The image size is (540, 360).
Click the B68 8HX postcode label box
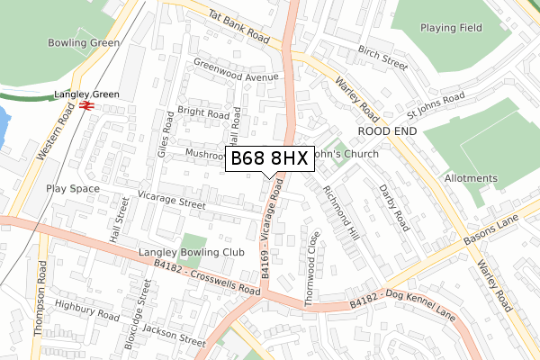tap(269, 159)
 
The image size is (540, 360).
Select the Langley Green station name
tap(86, 93)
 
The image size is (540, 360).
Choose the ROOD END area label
tap(389, 130)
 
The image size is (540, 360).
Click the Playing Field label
tap(450, 28)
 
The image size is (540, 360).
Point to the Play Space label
tap(71, 189)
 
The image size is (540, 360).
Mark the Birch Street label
tap(382, 57)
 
